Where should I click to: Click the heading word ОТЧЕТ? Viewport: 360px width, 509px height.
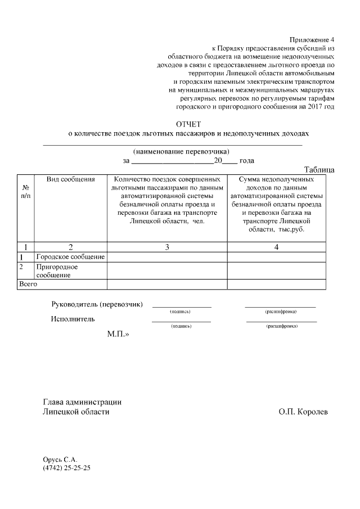pyautogui.click(x=188, y=124)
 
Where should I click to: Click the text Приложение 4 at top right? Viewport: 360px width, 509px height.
pyautogui.click(x=312, y=40)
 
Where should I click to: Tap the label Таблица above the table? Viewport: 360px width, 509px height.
pyautogui.click(x=319, y=169)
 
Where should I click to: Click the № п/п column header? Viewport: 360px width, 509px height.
pyautogui.click(x=25, y=192)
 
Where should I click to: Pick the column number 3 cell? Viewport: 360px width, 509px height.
pyautogui.click(x=167, y=247)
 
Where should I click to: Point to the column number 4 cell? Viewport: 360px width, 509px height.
pyautogui.click(x=276, y=247)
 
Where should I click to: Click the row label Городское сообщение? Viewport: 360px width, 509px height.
pyautogui.click(x=70, y=257)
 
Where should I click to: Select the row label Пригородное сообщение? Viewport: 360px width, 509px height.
pyautogui.click(x=57, y=271)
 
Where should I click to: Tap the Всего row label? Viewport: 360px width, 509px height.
pyautogui.click(x=28, y=285)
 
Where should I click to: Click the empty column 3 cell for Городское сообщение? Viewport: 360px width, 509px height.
pyautogui.click(x=167, y=257)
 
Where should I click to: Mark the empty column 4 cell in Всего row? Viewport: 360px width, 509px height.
pyautogui.click(x=276, y=285)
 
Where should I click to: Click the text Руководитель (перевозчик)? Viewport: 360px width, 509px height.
pyautogui.click(x=97, y=304)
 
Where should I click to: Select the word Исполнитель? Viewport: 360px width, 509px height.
pyautogui.click(x=73, y=319)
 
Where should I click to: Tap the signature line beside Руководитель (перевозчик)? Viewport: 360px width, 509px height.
pyautogui.click(x=181, y=307)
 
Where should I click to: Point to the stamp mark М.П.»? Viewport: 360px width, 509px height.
pyautogui.click(x=118, y=334)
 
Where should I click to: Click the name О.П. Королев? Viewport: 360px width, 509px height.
pyautogui.click(x=303, y=412)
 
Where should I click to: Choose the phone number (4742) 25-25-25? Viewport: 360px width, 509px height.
pyautogui.click(x=66, y=467)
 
